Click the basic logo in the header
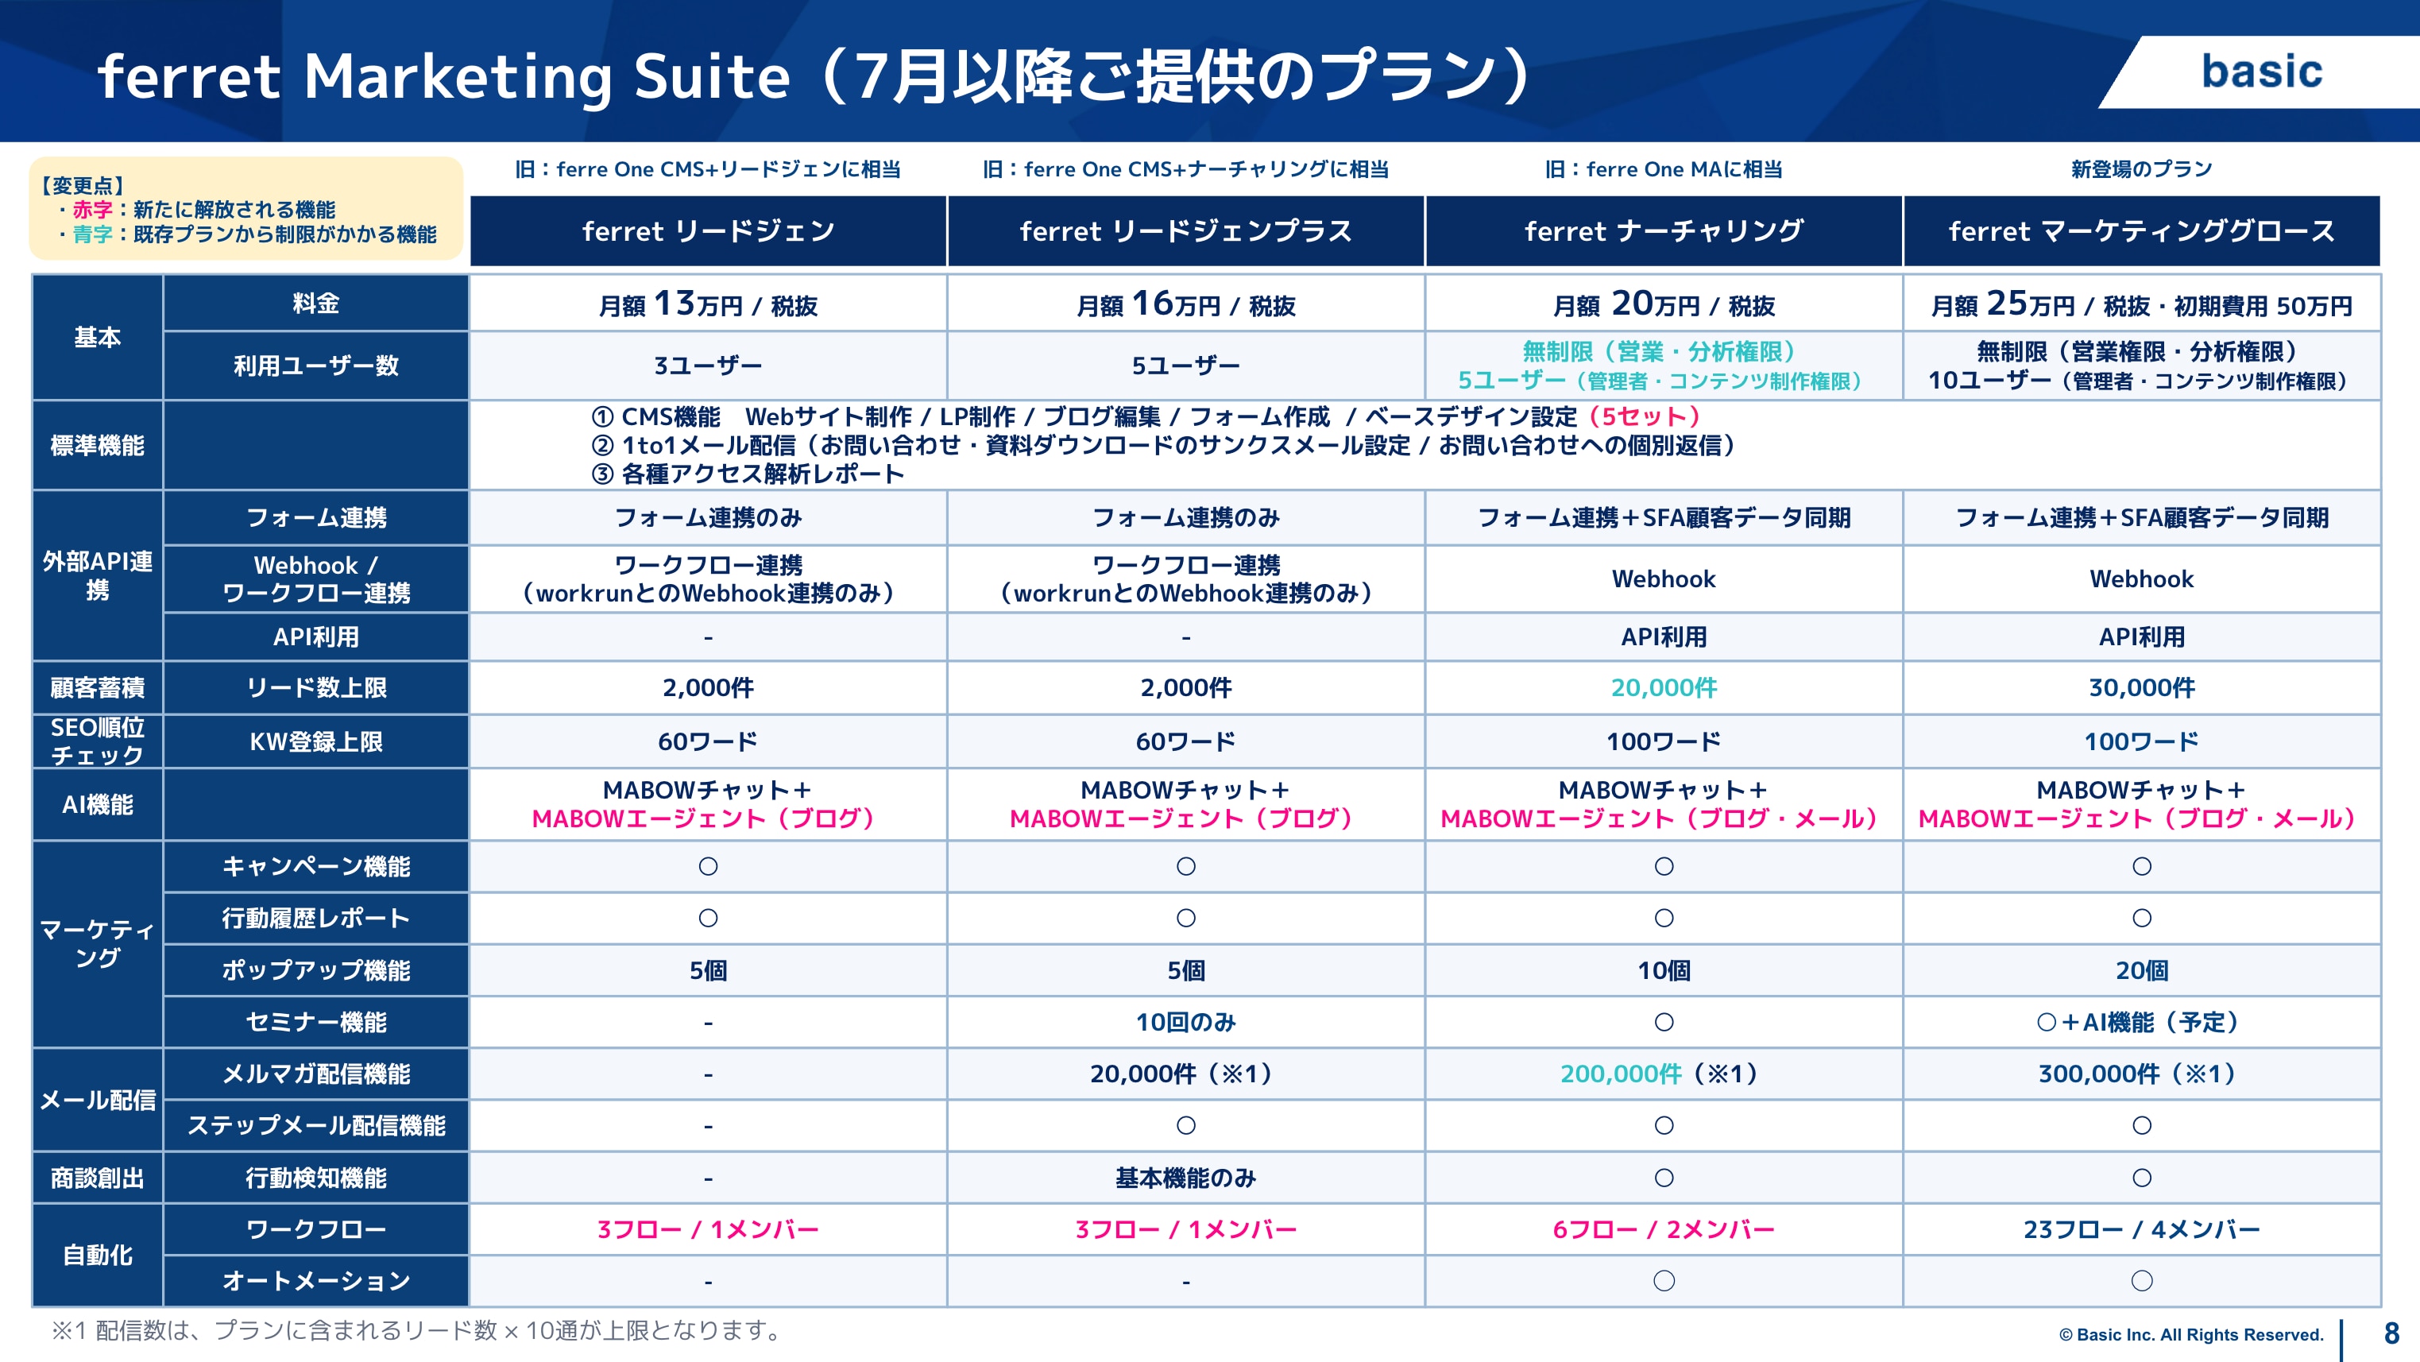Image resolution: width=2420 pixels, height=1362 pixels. [x=2261, y=72]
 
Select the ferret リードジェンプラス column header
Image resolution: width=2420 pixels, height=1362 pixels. [x=1185, y=231]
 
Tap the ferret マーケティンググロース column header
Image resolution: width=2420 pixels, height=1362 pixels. [x=2141, y=231]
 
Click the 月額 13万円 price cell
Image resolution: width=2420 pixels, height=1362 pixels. [x=709, y=304]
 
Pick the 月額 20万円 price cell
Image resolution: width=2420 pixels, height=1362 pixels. [x=1664, y=304]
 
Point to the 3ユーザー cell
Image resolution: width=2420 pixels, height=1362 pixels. [x=709, y=366]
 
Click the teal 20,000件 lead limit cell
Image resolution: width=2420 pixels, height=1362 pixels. [x=1664, y=687]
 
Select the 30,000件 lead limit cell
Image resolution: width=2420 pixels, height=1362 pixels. [x=2141, y=687]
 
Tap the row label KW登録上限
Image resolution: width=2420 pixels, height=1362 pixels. [x=315, y=742]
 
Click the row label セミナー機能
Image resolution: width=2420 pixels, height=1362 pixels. [x=315, y=1022]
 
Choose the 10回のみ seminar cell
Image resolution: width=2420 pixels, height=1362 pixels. [x=1185, y=1022]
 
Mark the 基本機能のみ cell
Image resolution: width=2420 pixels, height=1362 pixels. [x=1185, y=1178]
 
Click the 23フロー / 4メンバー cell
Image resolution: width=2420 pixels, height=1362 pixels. [x=2141, y=1229]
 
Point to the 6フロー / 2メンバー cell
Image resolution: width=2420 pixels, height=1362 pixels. [x=1664, y=1229]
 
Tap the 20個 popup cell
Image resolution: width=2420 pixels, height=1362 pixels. [x=2141, y=970]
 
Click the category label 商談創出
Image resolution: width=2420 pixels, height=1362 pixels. [x=98, y=1178]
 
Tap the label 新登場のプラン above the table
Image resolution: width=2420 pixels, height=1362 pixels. [x=2141, y=169]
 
